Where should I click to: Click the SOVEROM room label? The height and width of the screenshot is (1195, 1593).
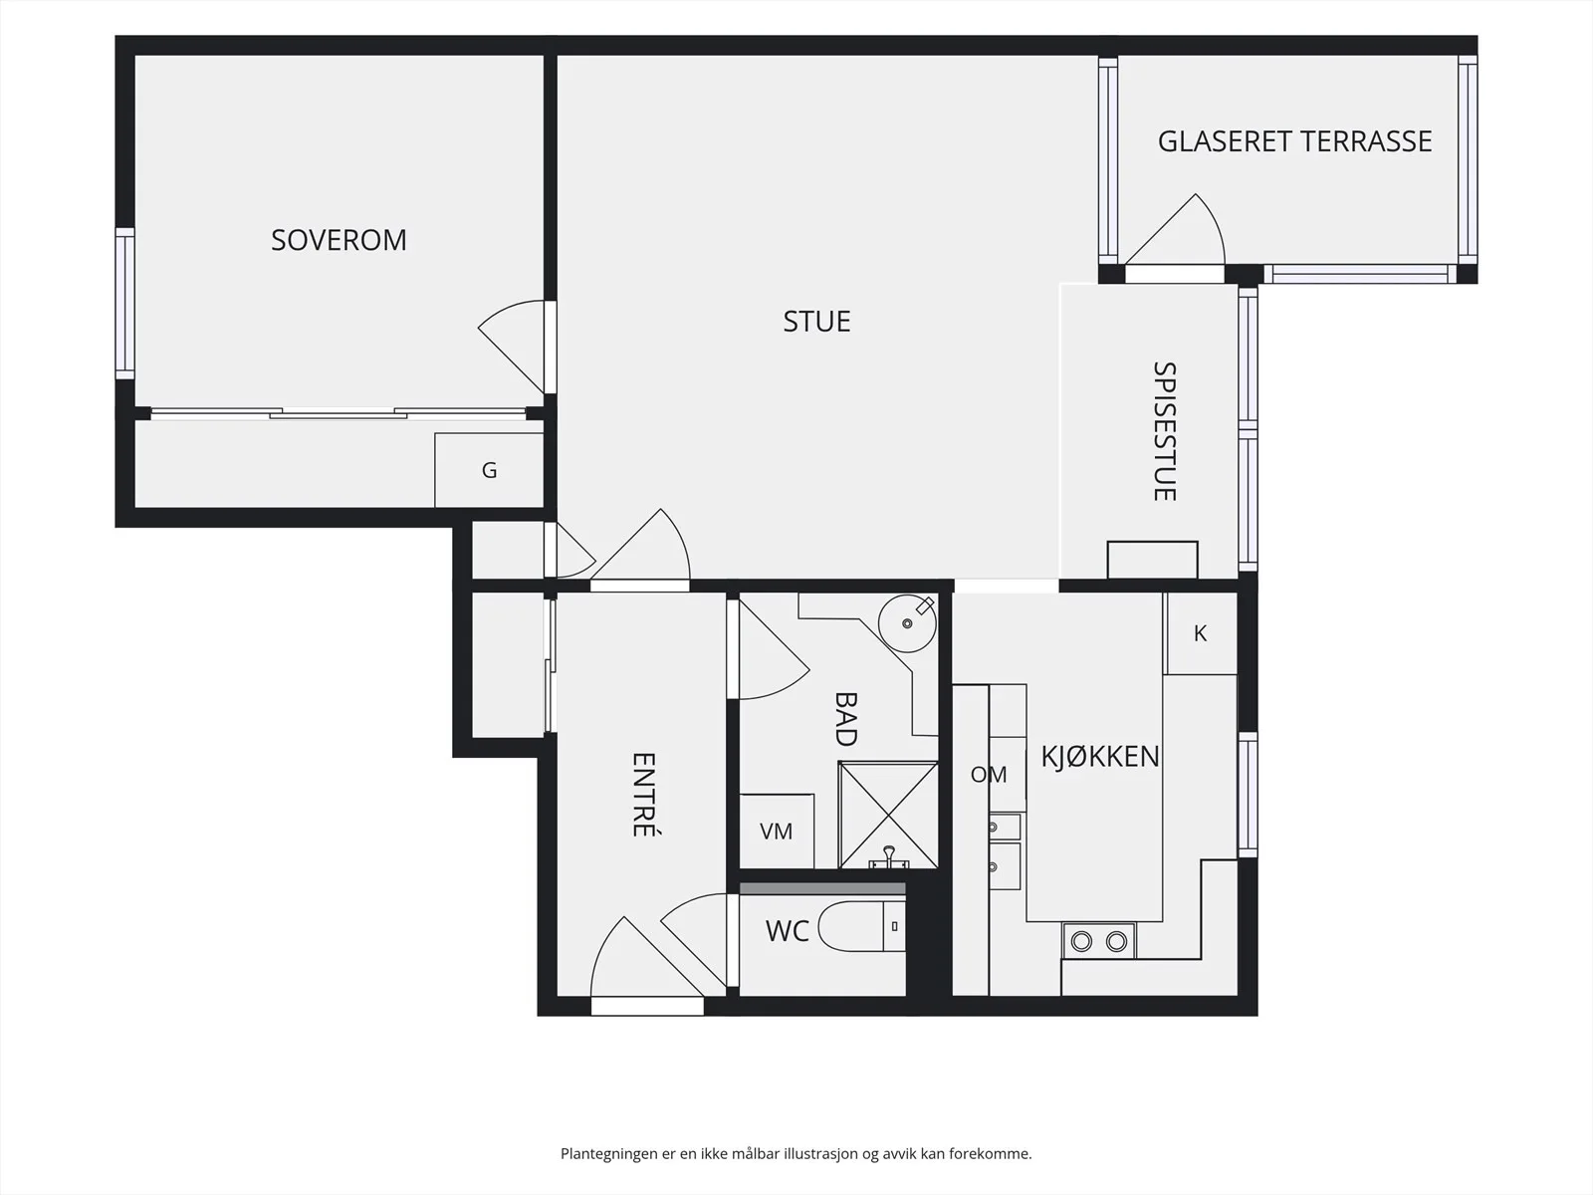coord(339,240)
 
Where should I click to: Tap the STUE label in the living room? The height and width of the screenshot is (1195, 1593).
coord(816,322)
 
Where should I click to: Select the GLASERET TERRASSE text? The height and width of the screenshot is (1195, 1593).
coord(1294,141)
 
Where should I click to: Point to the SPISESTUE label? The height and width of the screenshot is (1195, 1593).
coord(1165,431)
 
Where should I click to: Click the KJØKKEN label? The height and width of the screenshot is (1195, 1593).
coord(1100,757)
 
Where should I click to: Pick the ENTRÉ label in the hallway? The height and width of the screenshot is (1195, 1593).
coord(644,795)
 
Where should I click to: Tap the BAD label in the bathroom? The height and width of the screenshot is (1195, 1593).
coord(846,719)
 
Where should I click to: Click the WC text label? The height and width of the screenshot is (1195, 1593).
coord(788,931)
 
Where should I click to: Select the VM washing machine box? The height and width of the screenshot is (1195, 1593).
coord(777,831)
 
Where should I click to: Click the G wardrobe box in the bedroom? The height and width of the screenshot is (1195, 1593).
coord(489,470)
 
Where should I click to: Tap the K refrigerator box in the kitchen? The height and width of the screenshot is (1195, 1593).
coord(1201,633)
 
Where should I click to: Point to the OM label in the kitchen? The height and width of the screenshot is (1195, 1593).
coord(989,775)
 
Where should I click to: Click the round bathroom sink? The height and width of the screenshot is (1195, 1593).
coord(907,623)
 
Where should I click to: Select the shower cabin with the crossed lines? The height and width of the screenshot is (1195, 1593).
coord(888,815)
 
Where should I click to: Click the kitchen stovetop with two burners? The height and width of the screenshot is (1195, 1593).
coord(1099,941)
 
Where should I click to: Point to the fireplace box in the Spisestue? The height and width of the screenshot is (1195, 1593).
coord(1153,560)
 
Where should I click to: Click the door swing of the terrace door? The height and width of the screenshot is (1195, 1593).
coord(1175,229)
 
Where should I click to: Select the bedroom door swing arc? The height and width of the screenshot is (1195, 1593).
coord(511,347)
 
